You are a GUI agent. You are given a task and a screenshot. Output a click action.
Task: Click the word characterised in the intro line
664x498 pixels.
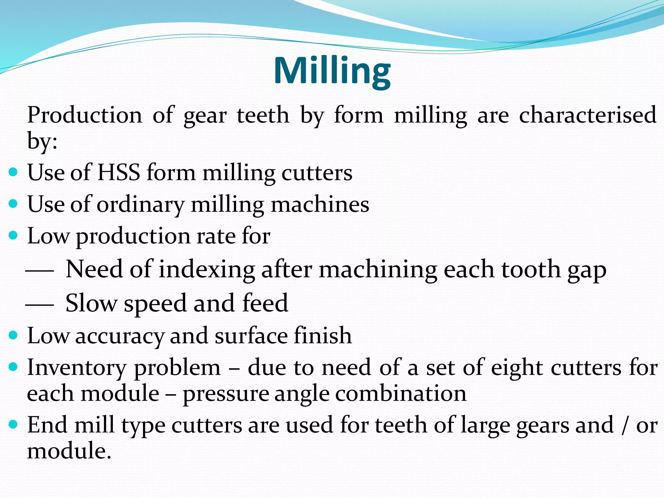click(x=587, y=115)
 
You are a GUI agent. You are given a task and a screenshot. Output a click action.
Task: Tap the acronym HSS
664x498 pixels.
click(x=119, y=172)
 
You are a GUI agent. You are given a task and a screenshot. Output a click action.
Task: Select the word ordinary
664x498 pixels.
click(x=140, y=205)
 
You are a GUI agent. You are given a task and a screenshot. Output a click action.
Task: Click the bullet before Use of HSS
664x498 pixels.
click(x=13, y=172)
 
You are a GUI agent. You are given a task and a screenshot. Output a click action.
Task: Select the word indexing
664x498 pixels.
click(x=207, y=270)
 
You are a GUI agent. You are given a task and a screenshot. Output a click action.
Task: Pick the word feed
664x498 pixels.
click(x=265, y=303)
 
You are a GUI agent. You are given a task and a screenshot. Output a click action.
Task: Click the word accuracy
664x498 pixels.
click(x=120, y=336)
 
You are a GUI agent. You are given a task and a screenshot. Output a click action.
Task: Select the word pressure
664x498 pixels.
click(x=226, y=394)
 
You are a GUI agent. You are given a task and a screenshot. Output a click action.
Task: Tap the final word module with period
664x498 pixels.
click(x=69, y=451)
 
